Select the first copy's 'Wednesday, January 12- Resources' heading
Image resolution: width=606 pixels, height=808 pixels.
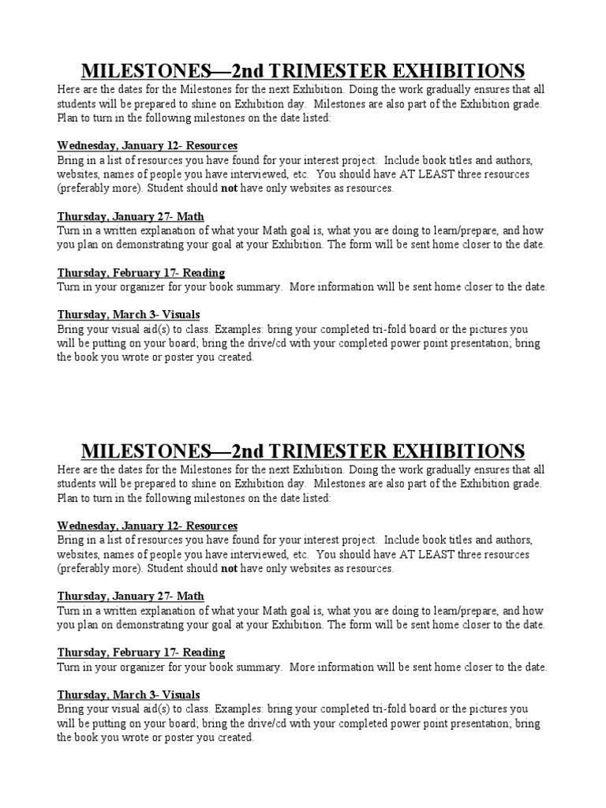click(148, 146)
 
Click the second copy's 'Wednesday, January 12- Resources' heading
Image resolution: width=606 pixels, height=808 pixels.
click(148, 526)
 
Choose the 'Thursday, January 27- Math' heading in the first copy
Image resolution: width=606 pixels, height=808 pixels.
click(131, 216)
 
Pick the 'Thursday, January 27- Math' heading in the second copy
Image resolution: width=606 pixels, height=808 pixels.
click(131, 596)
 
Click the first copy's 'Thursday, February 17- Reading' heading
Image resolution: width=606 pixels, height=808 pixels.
click(141, 272)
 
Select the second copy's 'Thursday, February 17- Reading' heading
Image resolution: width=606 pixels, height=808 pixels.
click(141, 653)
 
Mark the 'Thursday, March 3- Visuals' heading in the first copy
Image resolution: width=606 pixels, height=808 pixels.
click(129, 315)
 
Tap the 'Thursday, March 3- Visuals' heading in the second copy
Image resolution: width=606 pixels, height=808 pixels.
click(129, 694)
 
